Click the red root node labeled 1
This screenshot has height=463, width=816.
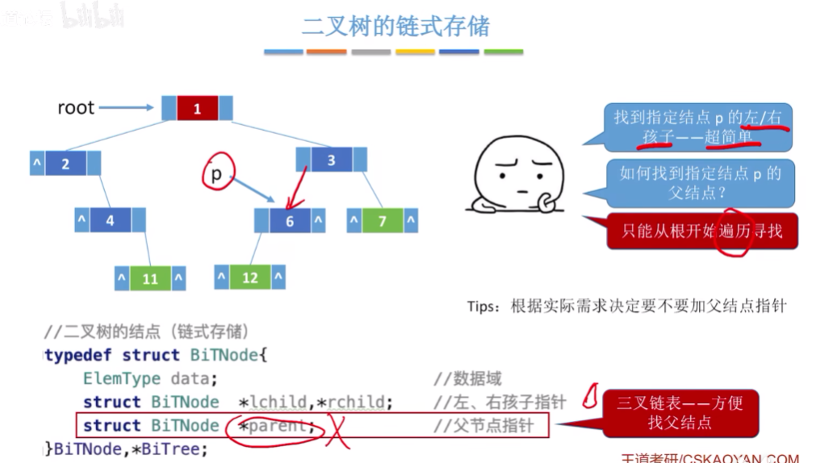pyautogui.click(x=197, y=109)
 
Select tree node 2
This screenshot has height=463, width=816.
pyautogui.click(x=65, y=164)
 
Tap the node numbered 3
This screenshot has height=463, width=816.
pyautogui.click(x=330, y=160)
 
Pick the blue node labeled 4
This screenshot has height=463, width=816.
pyautogui.click(x=110, y=220)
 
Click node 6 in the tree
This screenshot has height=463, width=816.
pyautogui.click(x=290, y=221)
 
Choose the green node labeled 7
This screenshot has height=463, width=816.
pyautogui.click(x=383, y=220)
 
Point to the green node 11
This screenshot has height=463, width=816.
pyautogui.click(x=150, y=279)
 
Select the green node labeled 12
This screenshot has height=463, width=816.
pyautogui.click(x=250, y=277)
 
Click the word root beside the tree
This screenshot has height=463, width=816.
pyautogui.click(x=76, y=107)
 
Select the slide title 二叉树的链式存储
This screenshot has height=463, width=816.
pyautogui.click(x=395, y=26)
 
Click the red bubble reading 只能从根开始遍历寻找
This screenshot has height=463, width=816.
pyautogui.click(x=701, y=232)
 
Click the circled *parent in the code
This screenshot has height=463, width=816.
pyautogui.click(x=274, y=425)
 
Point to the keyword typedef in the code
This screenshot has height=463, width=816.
pyautogui.click(x=80, y=355)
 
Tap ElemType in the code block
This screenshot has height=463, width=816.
pyautogui.click(x=122, y=378)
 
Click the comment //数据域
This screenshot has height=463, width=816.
pyautogui.click(x=467, y=378)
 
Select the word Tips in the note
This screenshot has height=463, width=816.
pyautogui.click(x=483, y=307)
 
